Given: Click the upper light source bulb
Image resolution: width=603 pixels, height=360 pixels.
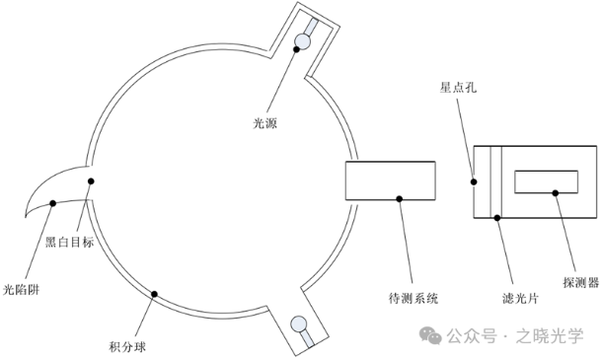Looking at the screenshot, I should coord(302,41).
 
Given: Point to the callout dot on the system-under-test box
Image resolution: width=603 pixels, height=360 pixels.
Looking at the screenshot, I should coord(399,199).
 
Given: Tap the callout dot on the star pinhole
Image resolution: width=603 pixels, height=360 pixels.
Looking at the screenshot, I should coord(475,180).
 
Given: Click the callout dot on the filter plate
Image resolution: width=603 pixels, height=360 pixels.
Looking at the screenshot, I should coord(496,217).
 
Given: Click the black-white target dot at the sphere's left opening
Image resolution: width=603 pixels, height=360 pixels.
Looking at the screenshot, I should coord(91,181).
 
